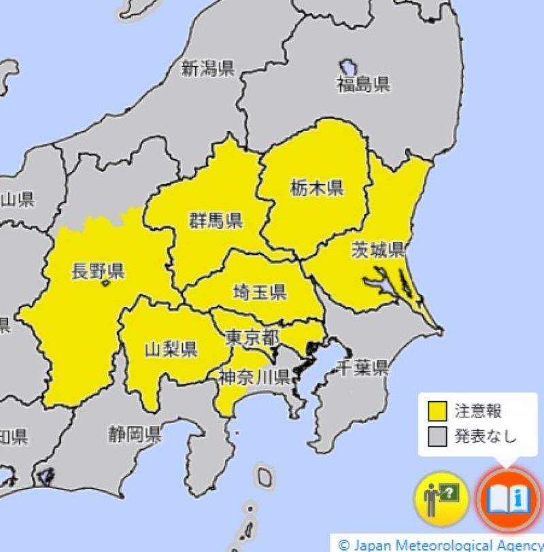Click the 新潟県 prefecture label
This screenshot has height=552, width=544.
click(x=207, y=68)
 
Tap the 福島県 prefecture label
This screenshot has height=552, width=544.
click(x=363, y=84)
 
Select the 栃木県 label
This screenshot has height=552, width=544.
click(x=316, y=188)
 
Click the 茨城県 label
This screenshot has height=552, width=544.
click(x=378, y=249)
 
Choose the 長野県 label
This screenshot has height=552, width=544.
click(x=97, y=272)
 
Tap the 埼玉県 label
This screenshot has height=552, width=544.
click(x=259, y=293)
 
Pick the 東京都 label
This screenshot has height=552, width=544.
click(x=252, y=337)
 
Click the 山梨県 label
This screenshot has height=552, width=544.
click(x=171, y=349)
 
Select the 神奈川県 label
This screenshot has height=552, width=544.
click(x=254, y=377)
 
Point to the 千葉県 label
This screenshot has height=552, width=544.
click(x=362, y=368)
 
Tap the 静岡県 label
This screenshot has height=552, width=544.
click(x=135, y=433)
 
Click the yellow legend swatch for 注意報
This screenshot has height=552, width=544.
click(x=437, y=411)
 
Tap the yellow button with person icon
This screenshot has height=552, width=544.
click(x=441, y=500)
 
